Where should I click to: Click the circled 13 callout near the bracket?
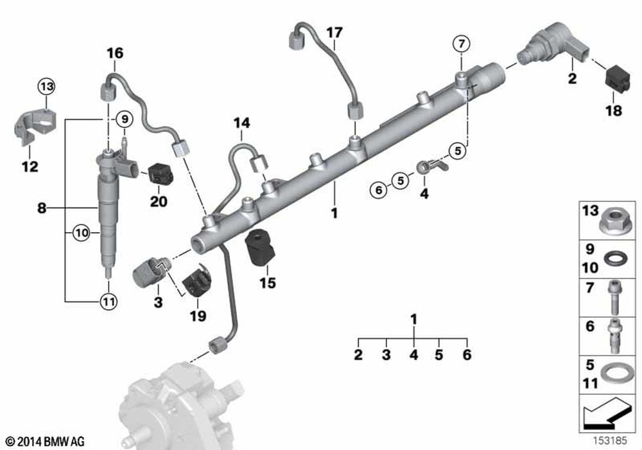click(x=46, y=85)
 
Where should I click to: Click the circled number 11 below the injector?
click(x=108, y=299)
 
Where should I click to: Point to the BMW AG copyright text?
click(x=46, y=442)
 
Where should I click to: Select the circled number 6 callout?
click(x=378, y=190)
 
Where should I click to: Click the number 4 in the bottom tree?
click(x=413, y=354)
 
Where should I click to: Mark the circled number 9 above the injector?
click(x=122, y=119)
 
